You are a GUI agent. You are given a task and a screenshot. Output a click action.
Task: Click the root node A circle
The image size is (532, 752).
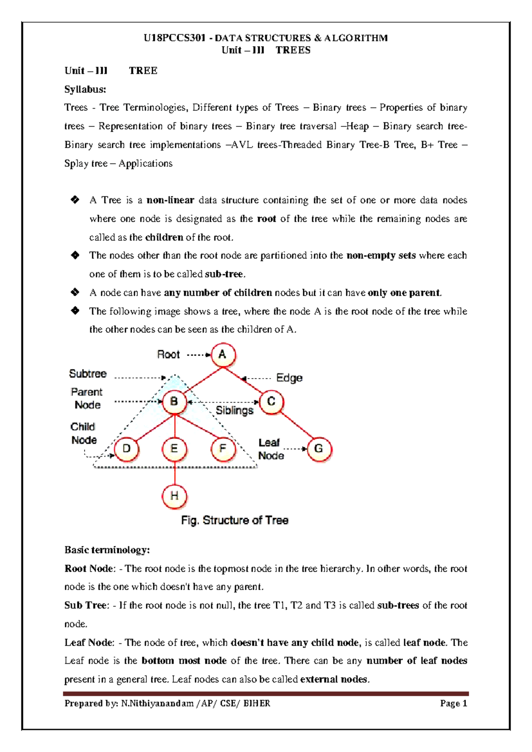tap(223, 355)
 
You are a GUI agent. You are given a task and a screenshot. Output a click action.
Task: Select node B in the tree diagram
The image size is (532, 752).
tap(174, 402)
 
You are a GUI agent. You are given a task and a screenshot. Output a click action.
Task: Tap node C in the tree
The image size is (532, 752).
tap(271, 402)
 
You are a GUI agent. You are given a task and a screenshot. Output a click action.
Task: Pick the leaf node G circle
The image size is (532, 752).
tap(319, 449)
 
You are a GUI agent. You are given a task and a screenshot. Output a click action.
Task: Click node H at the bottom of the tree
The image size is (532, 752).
tap(174, 496)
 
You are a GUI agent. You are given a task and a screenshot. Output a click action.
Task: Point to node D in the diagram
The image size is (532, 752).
tap(127, 449)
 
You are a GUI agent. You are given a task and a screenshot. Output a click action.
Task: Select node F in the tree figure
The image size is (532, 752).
tap(223, 449)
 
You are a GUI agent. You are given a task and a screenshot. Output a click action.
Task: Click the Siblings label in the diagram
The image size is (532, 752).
tap(234, 411)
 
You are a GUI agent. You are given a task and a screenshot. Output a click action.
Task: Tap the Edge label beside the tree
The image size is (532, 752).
tap(289, 378)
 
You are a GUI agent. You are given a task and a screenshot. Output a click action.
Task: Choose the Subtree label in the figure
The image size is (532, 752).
tap(88, 374)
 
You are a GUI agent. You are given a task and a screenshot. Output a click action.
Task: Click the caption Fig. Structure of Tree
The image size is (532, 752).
tap(235, 520)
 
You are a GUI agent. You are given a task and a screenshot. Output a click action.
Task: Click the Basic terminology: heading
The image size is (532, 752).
tap(107, 550)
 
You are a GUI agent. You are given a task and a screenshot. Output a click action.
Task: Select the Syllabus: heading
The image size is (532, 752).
tap(85, 89)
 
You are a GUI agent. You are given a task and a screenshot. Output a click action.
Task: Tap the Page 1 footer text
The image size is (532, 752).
tap(454, 703)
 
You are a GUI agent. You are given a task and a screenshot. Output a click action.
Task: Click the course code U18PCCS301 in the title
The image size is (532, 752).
tap(175, 38)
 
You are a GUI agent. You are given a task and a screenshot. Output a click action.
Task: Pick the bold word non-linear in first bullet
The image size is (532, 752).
tap(170, 200)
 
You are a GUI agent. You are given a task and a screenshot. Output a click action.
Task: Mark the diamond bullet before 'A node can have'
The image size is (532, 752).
tap(75, 292)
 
